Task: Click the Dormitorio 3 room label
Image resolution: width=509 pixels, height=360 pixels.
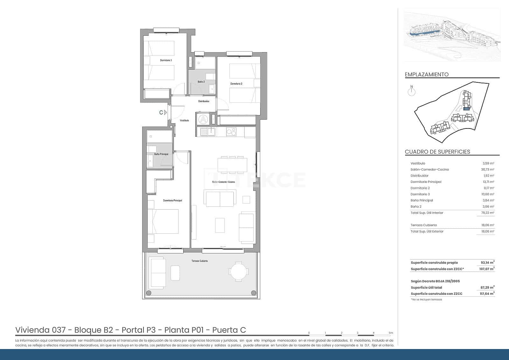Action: tap(166, 60)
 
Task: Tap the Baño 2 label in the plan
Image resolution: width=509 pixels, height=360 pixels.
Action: tap(201, 82)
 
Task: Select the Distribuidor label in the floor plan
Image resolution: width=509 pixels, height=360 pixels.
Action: tap(204, 101)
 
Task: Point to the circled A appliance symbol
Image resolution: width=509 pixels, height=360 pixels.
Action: tap(203, 119)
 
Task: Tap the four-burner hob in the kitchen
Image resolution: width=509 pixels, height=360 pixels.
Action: tap(231, 131)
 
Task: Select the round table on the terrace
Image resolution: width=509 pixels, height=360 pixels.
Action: tap(239, 272)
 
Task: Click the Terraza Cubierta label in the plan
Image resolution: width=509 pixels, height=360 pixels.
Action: tap(199, 261)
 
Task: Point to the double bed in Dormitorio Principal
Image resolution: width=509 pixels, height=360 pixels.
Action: tap(163, 221)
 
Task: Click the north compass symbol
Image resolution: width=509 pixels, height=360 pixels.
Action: tap(412, 92)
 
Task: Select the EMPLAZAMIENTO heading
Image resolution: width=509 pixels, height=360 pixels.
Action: tap(427, 74)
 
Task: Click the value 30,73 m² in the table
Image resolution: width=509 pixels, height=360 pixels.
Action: tap(487, 170)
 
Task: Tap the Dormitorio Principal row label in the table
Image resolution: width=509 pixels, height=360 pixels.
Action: tap(426, 182)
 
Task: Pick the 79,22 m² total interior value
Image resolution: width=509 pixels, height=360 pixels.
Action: tap(487, 213)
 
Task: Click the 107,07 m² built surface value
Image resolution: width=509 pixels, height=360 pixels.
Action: tap(487, 269)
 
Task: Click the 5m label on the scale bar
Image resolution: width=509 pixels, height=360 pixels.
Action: tap(391, 333)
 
